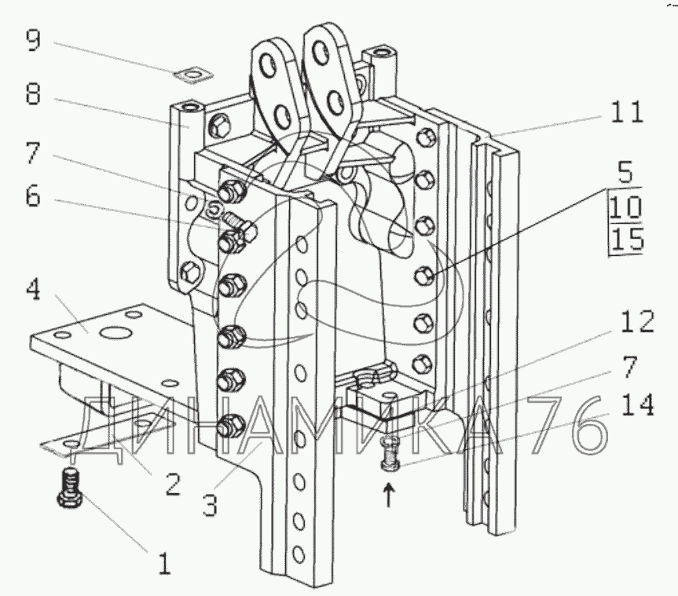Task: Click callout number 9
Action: (33, 40)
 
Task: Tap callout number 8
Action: (33, 93)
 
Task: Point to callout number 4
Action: (33, 290)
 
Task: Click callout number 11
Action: (627, 112)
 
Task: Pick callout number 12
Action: (637, 321)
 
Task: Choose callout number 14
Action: (637, 405)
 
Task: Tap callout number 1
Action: (164, 564)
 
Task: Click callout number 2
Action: (173, 484)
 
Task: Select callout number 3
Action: (210, 504)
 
